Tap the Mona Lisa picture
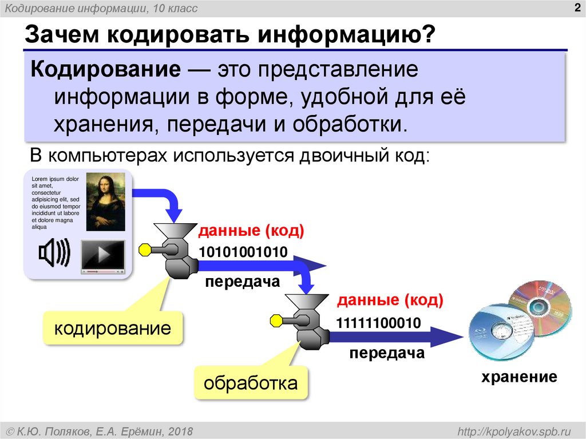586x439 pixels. (105, 203)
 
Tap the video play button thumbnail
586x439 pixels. (102, 254)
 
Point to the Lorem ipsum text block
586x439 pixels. (55, 203)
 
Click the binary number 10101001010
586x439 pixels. (243, 252)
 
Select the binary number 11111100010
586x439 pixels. (378, 323)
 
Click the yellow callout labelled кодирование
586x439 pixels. (112, 328)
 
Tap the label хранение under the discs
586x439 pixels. (518, 377)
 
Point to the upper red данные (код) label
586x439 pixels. (251, 231)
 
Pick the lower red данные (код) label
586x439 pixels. (390, 300)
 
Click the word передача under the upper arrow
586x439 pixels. (243, 282)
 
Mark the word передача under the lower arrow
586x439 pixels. (387, 353)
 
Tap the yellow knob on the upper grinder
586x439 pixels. (144, 250)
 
